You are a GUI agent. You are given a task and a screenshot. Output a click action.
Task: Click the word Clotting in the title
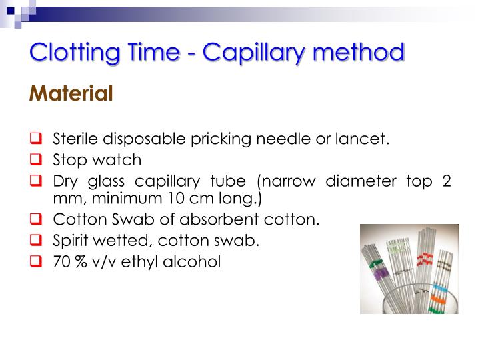tap(70, 51)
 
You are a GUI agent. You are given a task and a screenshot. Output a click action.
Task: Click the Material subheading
tap(71, 94)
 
